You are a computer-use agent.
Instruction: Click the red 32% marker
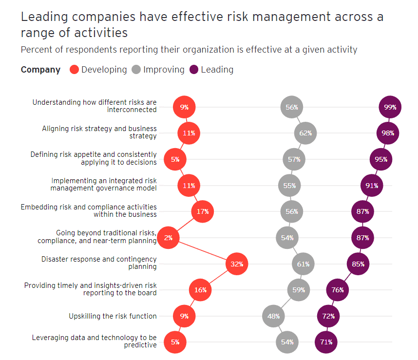click(237, 264)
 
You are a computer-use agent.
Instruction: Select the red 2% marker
click(168, 238)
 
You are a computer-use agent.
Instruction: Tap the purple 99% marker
click(390, 107)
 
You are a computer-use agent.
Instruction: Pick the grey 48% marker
click(273, 316)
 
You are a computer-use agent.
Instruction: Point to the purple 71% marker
click(326, 342)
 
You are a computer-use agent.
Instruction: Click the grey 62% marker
click(305, 133)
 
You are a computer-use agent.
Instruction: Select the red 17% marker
click(203, 211)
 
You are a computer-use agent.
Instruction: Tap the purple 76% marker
click(338, 290)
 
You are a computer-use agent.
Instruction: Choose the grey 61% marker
click(303, 264)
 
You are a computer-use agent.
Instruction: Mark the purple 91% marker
click(371, 185)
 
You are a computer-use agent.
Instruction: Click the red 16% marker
click(200, 290)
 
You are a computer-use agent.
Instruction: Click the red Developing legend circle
click(74, 70)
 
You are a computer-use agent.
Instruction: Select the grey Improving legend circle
click(136, 70)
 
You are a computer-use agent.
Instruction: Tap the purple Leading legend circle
click(194, 70)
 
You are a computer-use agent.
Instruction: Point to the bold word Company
click(40, 70)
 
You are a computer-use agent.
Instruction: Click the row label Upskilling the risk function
click(113, 316)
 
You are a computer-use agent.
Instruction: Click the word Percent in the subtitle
click(37, 50)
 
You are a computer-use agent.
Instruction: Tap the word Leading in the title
click(45, 17)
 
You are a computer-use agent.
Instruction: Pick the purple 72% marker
click(328, 316)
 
